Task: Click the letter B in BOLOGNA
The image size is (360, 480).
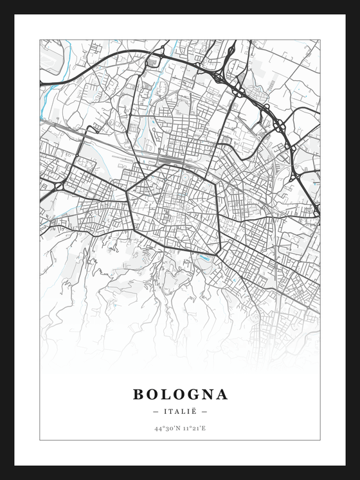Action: [139, 393]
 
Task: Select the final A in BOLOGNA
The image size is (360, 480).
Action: [222, 393]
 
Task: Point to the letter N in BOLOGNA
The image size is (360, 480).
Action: [208, 393]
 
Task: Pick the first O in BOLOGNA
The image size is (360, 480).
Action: [152, 393]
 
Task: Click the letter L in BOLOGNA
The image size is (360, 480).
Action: [165, 393]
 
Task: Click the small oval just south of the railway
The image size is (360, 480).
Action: [187, 172]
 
